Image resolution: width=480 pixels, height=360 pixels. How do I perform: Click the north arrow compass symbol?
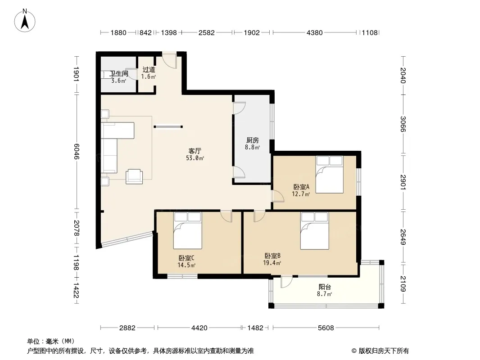point(25,20)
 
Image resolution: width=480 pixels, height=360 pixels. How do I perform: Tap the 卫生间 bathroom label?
point(119,74)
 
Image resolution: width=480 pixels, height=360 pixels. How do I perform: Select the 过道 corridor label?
point(149,70)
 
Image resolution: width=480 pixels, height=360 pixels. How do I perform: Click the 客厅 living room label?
point(195,151)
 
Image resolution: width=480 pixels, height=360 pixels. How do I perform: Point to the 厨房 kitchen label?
point(253,140)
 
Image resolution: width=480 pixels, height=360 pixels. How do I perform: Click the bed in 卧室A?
point(330,174)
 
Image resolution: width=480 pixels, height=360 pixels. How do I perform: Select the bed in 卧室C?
point(188,230)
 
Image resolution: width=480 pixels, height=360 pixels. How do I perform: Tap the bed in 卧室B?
point(315,230)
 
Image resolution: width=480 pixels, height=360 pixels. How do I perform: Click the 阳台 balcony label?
point(325,287)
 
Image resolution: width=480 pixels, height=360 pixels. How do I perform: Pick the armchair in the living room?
point(134,176)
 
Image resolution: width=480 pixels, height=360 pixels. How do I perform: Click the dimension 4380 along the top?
point(315,32)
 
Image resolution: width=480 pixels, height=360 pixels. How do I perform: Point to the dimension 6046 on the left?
point(76,152)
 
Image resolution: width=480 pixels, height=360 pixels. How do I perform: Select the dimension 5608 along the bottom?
point(326,328)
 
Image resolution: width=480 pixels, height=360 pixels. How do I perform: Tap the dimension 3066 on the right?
point(403,124)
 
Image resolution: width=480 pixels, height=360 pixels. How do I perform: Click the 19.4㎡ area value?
point(272,263)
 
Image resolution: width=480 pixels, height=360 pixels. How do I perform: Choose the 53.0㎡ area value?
point(195,158)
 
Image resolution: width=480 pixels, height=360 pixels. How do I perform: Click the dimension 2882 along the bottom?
point(127,328)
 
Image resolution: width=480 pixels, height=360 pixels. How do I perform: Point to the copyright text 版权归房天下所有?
point(384,351)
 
